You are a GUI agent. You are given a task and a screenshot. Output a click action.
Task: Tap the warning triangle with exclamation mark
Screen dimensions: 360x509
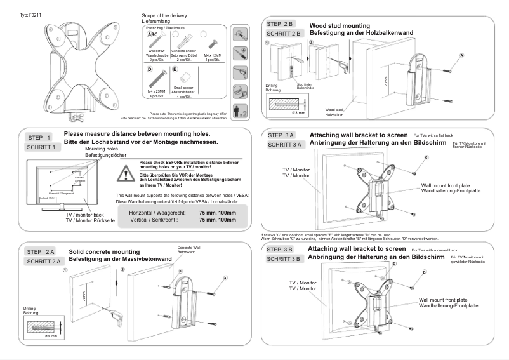(129, 173)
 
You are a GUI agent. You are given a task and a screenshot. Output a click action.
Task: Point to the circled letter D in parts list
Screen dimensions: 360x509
(150, 69)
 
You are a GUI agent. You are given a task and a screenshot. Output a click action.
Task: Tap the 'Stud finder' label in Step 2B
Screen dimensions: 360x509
(305, 84)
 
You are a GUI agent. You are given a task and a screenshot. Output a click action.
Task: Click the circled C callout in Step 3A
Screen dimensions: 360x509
(426, 156)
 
